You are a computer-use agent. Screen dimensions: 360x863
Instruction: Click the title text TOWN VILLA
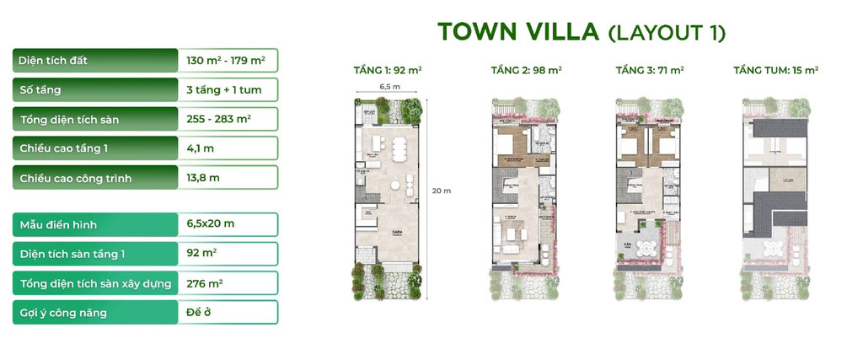pyautogui.click(x=517, y=32)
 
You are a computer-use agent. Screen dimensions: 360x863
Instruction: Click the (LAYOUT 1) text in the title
pyautogui.click(x=667, y=33)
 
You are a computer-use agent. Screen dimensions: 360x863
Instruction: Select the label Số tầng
pyautogui.click(x=40, y=90)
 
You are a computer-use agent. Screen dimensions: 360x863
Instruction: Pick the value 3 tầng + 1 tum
pyautogui.click(x=222, y=90)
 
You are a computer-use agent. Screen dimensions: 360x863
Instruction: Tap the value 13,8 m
pyautogui.click(x=203, y=178)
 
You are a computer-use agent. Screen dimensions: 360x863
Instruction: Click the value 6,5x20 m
pyautogui.click(x=211, y=225)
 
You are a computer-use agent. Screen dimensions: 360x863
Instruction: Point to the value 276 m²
pyautogui.click(x=204, y=283)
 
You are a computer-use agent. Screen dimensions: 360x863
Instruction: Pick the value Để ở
pyautogui.click(x=199, y=312)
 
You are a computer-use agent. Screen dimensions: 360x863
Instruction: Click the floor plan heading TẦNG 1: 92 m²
pyautogui.click(x=388, y=71)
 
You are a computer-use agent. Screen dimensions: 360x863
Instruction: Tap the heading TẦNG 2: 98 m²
pyautogui.click(x=526, y=71)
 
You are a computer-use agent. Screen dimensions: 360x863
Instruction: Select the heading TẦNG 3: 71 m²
pyautogui.click(x=646, y=71)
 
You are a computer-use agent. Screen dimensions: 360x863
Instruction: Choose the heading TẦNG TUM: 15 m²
pyautogui.click(x=776, y=71)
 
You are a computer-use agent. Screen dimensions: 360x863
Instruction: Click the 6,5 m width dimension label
pyautogui.click(x=389, y=86)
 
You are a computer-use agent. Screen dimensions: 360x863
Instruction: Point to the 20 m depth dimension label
pyautogui.click(x=442, y=191)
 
